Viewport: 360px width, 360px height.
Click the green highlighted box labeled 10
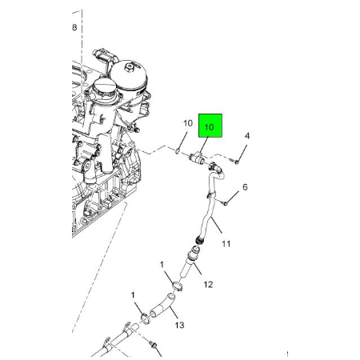coord(210,126)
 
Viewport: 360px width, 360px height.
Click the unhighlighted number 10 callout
coord(188,123)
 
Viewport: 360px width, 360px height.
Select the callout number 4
coord(247,136)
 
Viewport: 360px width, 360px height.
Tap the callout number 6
coord(245,187)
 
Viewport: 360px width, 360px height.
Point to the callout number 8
coord(74,27)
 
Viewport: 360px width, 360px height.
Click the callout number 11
coord(226,243)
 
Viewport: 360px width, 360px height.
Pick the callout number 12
coord(208,285)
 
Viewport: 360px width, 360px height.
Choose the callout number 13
coord(179,325)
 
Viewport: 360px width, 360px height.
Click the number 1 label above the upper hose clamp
coord(162,265)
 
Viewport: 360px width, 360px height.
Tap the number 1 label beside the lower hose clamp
coord(133,295)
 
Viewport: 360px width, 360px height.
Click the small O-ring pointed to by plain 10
coord(178,152)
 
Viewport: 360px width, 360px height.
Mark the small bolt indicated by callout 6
coord(224,203)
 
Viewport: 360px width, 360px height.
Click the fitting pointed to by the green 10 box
coord(197,158)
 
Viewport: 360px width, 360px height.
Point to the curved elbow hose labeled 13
coord(162,306)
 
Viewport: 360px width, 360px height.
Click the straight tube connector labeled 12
coord(190,259)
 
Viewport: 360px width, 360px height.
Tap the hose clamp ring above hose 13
coord(177,286)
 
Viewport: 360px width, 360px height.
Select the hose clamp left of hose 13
coord(146,319)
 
